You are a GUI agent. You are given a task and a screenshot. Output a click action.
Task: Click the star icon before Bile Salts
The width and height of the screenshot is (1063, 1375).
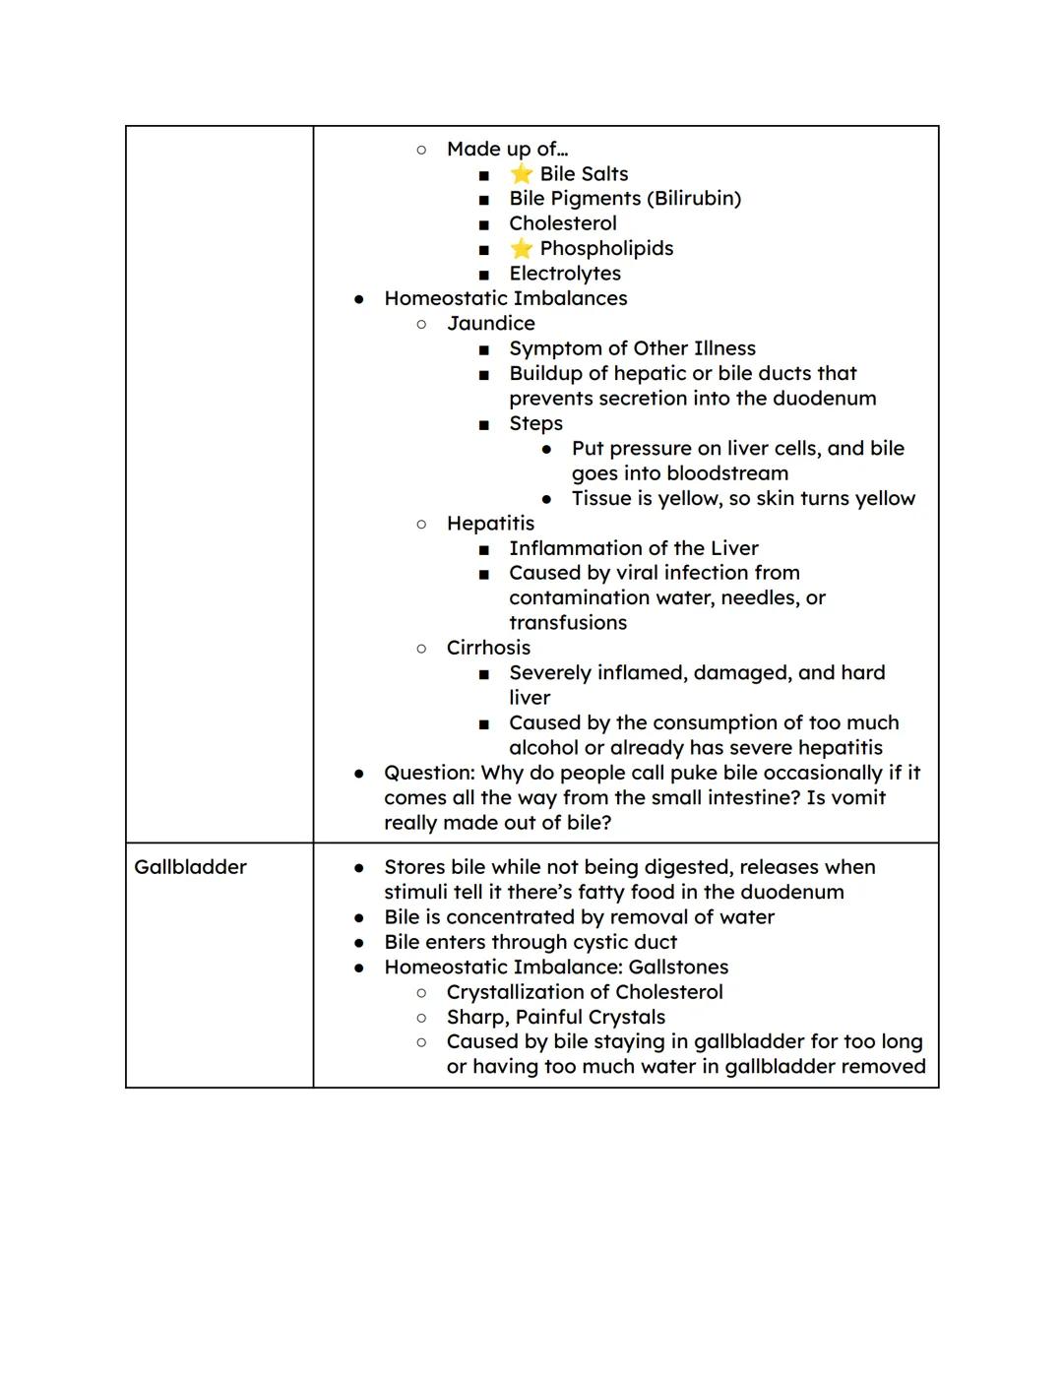521,174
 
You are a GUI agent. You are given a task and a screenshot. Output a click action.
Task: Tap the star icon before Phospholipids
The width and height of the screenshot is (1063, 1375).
521,249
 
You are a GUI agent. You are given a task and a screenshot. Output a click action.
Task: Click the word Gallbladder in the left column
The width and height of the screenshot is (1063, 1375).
190,867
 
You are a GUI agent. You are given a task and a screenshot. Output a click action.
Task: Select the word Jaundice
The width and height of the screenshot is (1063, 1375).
490,324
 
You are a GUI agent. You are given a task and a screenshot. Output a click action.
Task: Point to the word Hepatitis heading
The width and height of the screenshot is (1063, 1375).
490,524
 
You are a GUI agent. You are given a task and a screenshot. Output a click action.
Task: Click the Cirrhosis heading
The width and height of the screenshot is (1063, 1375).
488,648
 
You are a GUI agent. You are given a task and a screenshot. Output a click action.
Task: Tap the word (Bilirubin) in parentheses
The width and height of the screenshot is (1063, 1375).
694,199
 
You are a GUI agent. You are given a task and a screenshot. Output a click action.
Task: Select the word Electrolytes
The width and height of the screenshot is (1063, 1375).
565,274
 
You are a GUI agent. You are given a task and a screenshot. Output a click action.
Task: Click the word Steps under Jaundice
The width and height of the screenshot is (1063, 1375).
535,423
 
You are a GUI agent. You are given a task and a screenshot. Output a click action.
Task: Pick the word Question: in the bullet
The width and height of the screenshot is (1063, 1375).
429,773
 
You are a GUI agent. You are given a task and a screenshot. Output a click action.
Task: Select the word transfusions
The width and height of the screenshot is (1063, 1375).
567,623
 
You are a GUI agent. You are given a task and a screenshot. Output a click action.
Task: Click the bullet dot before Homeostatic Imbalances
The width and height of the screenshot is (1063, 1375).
359,299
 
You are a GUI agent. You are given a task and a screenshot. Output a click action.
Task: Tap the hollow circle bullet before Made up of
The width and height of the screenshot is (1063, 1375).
421,150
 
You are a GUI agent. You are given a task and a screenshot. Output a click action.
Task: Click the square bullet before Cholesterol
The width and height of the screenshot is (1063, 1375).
483,224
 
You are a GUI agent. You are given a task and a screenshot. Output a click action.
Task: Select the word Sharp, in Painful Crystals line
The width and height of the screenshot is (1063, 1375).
477,1017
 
